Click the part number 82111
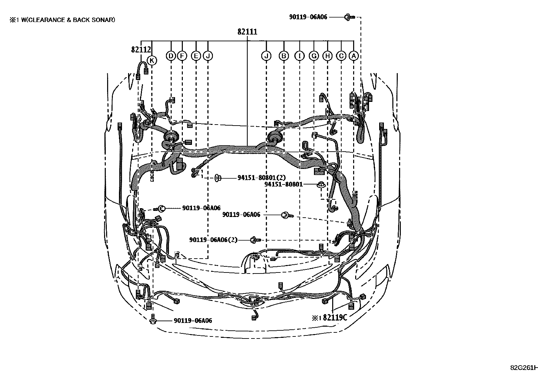tap(247, 32)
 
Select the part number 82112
tap(141, 50)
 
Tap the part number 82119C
tap(335, 318)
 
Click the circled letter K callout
tap(152, 61)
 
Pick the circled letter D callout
tap(171, 56)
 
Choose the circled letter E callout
tap(196, 56)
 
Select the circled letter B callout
tap(284, 56)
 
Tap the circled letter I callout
tap(299, 56)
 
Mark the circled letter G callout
tap(314, 56)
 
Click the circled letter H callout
tap(327, 56)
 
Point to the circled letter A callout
tap(353, 56)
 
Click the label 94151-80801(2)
tap(261, 177)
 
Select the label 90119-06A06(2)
tap(213, 240)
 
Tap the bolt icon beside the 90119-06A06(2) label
tap(255, 240)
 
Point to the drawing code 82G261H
tap(524, 368)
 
